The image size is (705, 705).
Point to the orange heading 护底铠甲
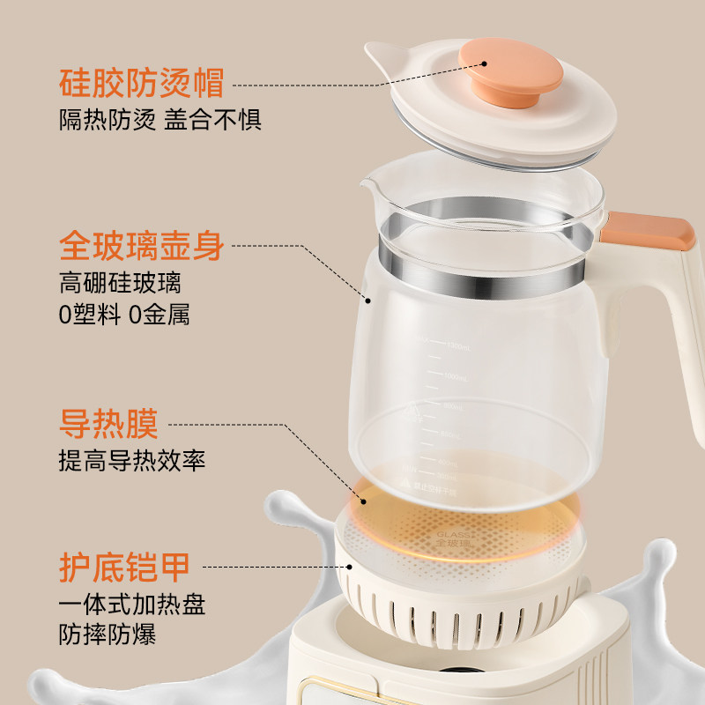coord(124,567)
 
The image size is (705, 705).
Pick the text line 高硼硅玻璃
coord(122,283)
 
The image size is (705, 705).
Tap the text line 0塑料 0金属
coord(124,315)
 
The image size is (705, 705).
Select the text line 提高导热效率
coord(132,459)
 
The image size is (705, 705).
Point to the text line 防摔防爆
coord(108,635)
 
